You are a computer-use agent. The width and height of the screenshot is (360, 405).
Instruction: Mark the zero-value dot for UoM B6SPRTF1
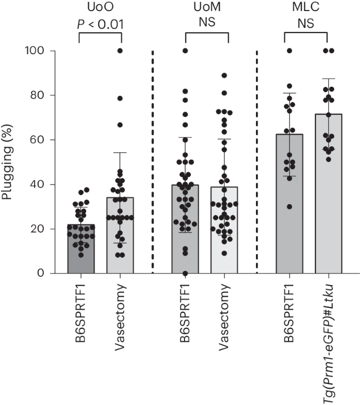(185, 273)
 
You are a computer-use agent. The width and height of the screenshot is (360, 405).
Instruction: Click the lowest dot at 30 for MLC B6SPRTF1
(290, 207)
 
